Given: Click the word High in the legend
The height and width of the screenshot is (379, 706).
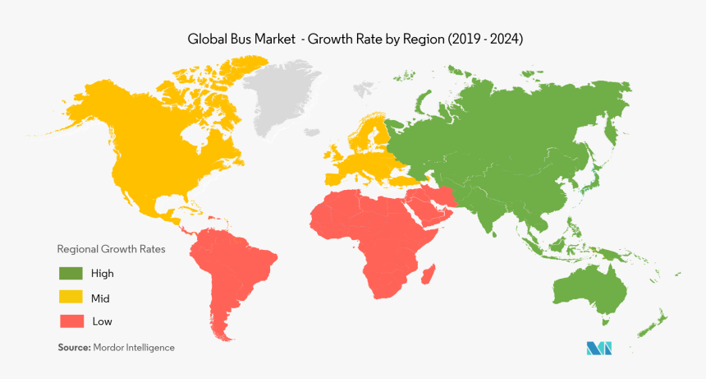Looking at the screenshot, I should click(x=103, y=273).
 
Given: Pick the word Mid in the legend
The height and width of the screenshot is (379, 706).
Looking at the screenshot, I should click(x=101, y=297).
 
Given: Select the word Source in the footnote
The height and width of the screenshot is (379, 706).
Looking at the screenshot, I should click(x=73, y=348).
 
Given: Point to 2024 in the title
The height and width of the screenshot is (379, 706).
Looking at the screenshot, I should click(x=502, y=39).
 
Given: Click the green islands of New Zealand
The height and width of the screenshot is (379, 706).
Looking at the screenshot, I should click(x=654, y=325).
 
